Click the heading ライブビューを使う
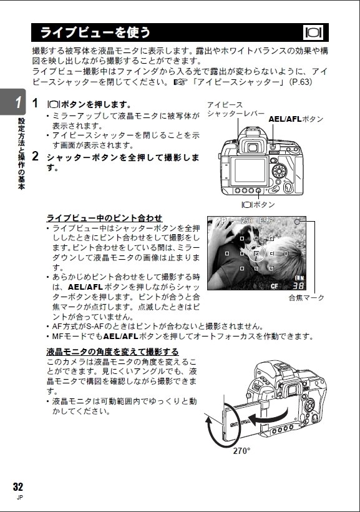click(95, 32)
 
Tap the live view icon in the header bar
click(314, 32)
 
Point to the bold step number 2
click(36, 156)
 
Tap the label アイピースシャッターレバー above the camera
click(231, 109)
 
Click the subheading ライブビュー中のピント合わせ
click(104, 218)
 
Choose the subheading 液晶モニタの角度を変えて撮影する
click(112, 352)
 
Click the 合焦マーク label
click(306, 298)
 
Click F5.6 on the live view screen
click(266, 220)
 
